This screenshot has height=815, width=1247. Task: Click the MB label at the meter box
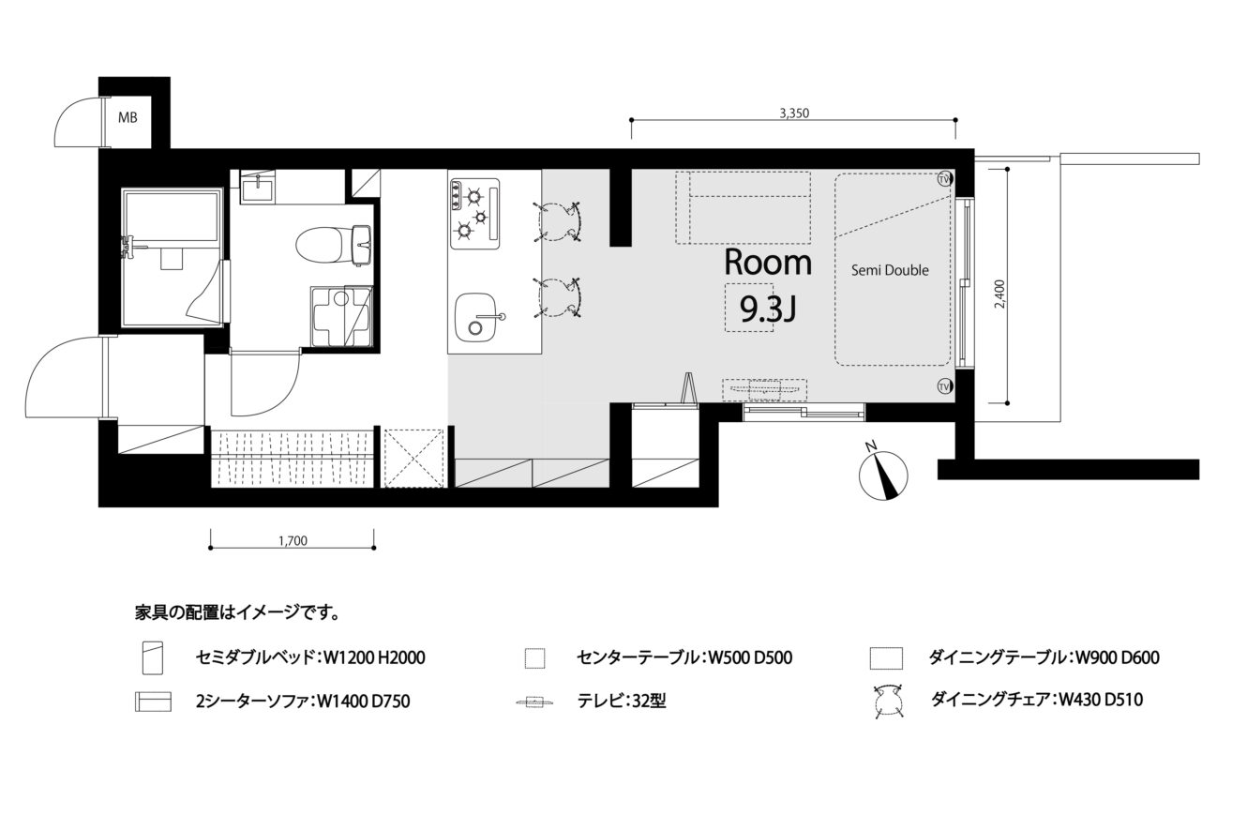[x=128, y=117]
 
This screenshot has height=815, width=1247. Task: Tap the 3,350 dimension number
[x=794, y=113]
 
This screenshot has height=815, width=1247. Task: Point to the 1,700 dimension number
[x=293, y=540]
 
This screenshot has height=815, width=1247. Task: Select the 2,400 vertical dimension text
[x=999, y=294]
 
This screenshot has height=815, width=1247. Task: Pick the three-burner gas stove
[x=474, y=213]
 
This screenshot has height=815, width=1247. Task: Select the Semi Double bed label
[x=890, y=270]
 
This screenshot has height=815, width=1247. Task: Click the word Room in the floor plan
[x=768, y=263]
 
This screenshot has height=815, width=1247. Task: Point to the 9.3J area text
[x=767, y=309]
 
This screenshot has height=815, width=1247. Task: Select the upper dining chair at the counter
[x=557, y=221]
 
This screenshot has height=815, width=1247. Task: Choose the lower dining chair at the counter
[x=557, y=297]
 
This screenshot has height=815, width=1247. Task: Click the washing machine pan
[x=341, y=316]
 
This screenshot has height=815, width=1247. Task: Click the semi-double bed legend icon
[x=153, y=658]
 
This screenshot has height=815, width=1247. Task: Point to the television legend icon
[x=535, y=701]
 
